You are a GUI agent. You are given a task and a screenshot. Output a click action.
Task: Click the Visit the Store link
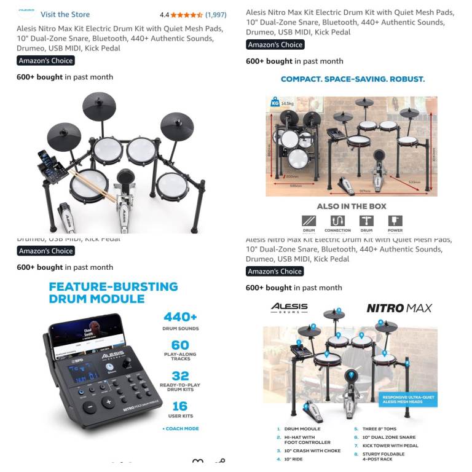point(65,14)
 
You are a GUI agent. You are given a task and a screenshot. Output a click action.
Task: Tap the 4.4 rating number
point(164,14)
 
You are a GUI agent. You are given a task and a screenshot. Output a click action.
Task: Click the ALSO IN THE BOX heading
point(352,206)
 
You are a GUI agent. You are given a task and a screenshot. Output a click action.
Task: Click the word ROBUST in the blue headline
point(404,79)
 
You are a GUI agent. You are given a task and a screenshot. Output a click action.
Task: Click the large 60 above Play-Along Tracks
point(180,345)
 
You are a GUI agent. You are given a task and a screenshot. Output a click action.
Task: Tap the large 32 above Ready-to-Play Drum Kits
point(180,376)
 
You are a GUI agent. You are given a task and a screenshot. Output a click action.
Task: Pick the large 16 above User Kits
point(180,406)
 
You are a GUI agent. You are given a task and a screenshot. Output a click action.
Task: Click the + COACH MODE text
point(181,428)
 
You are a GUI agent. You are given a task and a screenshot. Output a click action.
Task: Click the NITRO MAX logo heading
point(399,308)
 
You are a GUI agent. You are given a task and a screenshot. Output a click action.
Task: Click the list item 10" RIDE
point(291,459)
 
